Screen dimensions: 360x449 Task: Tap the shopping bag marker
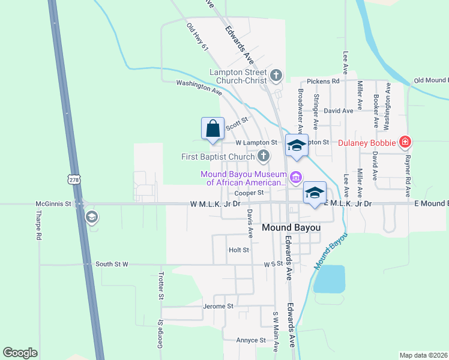coord(212,128)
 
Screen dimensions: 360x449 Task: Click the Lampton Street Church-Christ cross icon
coord(276,75)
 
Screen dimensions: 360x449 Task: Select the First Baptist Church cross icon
coord(263,157)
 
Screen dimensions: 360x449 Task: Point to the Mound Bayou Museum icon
coord(295,177)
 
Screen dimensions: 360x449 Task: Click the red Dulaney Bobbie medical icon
coord(405,142)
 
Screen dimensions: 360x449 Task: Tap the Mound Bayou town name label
coord(292,227)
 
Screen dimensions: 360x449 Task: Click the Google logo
coord(20,352)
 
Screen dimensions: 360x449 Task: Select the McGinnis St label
coord(53,203)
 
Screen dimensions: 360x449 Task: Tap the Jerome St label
coord(218,306)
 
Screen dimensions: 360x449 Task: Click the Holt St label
coord(238,250)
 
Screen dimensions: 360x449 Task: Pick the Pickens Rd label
coord(323,80)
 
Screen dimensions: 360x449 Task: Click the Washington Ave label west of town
coord(199,88)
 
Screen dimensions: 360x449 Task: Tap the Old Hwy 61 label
coord(196,37)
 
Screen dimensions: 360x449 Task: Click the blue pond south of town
coord(329,278)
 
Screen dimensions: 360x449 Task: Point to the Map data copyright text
coord(423,355)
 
